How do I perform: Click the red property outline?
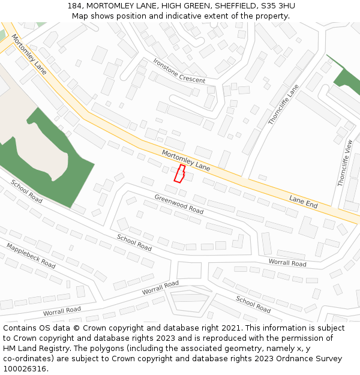coord(179,173)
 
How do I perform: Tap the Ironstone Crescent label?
coord(179,71)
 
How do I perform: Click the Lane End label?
coord(303,201)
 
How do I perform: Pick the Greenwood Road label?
coord(179,205)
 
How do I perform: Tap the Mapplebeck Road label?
coord(31,256)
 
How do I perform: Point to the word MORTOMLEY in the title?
coord(110,5)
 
